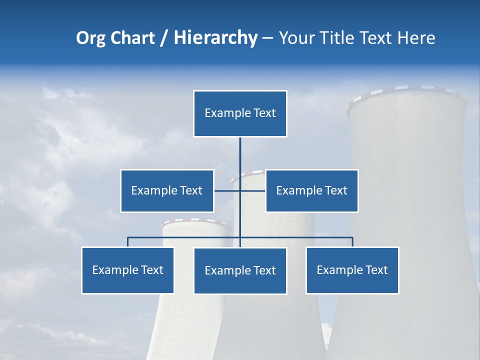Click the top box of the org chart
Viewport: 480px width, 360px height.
240,113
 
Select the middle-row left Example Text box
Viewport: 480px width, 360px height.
167,190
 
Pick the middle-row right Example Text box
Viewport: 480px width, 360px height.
311,190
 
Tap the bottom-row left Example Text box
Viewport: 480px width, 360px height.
127,270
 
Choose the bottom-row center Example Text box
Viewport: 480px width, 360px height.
240,270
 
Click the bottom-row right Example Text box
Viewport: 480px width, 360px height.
352,270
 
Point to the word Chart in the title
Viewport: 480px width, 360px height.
132,38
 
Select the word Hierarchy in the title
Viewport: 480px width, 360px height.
215,38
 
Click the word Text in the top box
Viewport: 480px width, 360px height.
264,113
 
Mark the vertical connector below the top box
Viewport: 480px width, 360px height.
240,155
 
